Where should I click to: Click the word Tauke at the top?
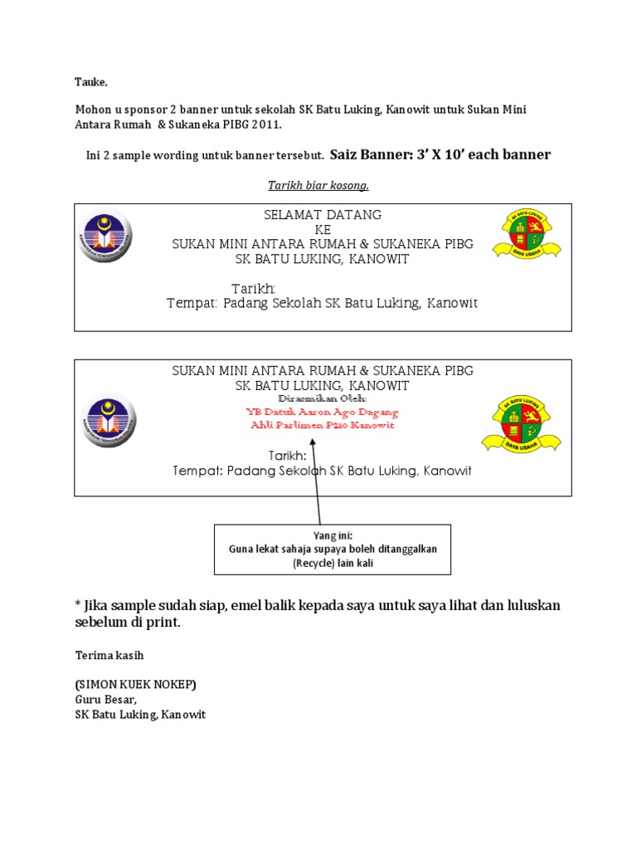pos(91,81)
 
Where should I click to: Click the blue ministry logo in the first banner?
pos(105,237)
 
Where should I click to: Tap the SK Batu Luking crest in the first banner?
pos(527,235)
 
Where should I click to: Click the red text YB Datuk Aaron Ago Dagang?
pos(323,412)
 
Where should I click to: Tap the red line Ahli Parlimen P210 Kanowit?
pos(323,425)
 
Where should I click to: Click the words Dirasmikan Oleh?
pos(323,399)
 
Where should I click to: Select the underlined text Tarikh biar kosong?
pos(318,184)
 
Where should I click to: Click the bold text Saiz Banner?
pos(366,154)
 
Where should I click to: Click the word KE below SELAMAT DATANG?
pos(323,229)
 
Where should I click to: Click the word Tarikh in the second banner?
pos(287,456)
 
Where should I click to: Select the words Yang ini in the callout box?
pos(332,536)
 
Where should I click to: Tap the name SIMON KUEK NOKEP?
pos(136,685)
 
